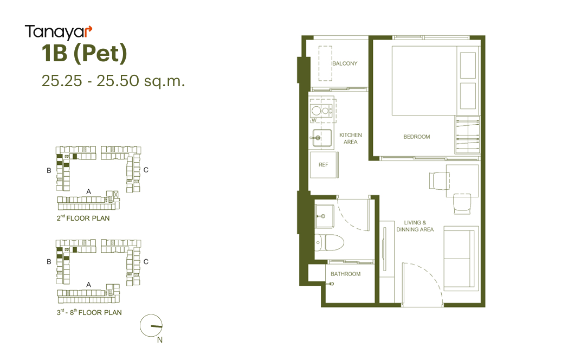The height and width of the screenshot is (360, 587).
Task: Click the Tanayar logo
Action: pyautogui.click(x=59, y=32)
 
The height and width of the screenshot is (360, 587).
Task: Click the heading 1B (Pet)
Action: pyautogui.click(x=85, y=53)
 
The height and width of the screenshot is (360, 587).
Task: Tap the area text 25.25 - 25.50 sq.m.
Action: pyautogui.click(x=113, y=81)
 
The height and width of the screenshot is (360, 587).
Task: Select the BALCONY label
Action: pyautogui.click(x=345, y=63)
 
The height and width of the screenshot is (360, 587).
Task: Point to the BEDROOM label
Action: pyautogui.click(x=417, y=137)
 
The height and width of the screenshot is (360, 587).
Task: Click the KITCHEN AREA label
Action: pyautogui.click(x=351, y=138)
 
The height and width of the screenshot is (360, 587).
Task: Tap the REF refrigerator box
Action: pyautogui.click(x=324, y=165)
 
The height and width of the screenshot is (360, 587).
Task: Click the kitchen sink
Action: pyautogui.click(x=322, y=138)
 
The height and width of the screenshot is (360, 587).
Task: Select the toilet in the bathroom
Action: pyautogui.click(x=329, y=242)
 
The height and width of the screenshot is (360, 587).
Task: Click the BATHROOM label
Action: pyautogui.click(x=346, y=274)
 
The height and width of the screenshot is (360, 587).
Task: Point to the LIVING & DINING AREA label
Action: pyautogui.click(x=415, y=226)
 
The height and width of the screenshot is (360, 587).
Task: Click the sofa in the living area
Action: pyautogui.click(x=461, y=259)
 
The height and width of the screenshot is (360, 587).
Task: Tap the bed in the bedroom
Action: pyautogui.click(x=424, y=81)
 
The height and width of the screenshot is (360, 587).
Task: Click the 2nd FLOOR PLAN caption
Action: pyautogui.click(x=83, y=218)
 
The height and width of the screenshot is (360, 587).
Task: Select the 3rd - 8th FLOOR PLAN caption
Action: pyautogui.click(x=89, y=312)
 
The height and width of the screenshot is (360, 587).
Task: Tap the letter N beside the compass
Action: pyautogui.click(x=160, y=340)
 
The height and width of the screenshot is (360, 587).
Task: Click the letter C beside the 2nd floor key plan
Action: pyautogui.click(x=146, y=170)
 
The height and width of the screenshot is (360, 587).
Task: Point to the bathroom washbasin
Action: pyautogui.click(x=324, y=216)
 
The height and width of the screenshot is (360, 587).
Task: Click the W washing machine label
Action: pyautogui.click(x=314, y=120)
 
